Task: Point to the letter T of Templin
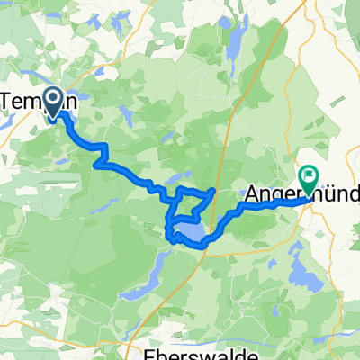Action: (x=13, y=103)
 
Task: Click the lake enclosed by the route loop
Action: (x=190, y=236)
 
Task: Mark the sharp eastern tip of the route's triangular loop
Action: (x=213, y=191)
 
